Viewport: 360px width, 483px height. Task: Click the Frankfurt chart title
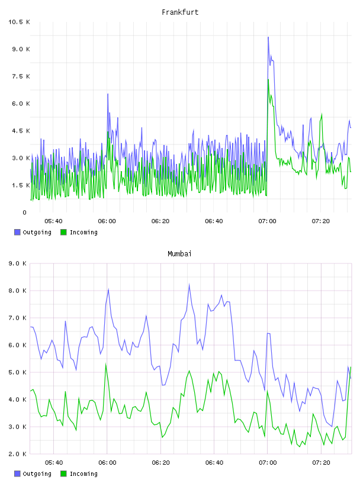pyautogui.click(x=180, y=12)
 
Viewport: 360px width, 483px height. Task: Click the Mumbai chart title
pyautogui.click(x=179, y=254)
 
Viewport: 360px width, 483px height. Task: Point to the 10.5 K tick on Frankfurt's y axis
pyautogui.click(x=19, y=22)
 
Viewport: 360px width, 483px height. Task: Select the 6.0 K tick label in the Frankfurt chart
pyautogui.click(x=21, y=104)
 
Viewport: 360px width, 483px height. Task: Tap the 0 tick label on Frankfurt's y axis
pyautogui.click(x=25, y=212)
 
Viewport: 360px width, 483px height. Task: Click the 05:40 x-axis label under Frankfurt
pyautogui.click(x=53, y=221)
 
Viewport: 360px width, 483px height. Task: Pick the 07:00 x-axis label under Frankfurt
pyautogui.click(x=267, y=221)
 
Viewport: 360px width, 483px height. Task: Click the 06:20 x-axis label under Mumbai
pyautogui.click(x=160, y=463)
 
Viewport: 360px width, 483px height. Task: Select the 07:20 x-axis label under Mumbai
pyautogui.click(x=321, y=463)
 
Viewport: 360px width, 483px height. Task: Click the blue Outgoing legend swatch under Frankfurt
pyautogui.click(x=17, y=232)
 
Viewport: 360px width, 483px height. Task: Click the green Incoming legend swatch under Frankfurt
pyautogui.click(x=63, y=232)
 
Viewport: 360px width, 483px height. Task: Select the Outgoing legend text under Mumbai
pyautogui.click(x=37, y=474)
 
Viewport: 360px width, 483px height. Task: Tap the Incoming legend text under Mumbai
pyautogui.click(x=83, y=474)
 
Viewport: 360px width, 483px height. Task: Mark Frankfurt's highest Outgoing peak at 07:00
pyautogui.click(x=268, y=37)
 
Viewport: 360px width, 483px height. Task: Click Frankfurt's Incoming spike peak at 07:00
pyautogui.click(x=268, y=79)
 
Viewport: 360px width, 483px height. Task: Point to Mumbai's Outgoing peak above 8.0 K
pyautogui.click(x=189, y=284)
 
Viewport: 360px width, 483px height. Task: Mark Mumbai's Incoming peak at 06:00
pyautogui.click(x=106, y=365)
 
